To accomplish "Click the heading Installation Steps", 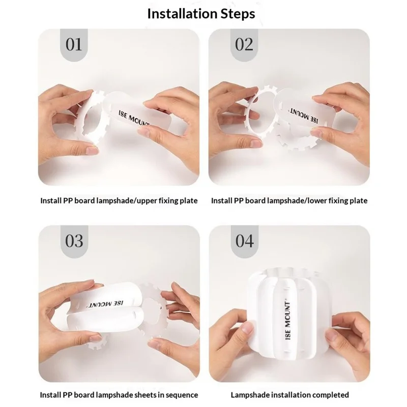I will click(x=201, y=13).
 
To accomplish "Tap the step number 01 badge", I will click(x=74, y=45).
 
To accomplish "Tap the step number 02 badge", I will click(x=244, y=45).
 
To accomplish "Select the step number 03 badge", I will click(x=74, y=240).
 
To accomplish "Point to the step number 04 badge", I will click(x=244, y=240).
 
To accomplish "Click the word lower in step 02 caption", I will click(x=318, y=201).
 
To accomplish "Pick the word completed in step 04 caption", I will click(x=331, y=395).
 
